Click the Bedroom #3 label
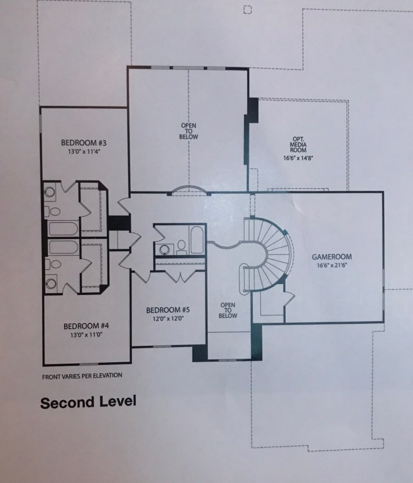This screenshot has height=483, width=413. (x=84, y=143)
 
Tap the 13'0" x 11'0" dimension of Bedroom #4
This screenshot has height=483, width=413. (x=86, y=334)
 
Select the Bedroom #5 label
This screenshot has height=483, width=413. (x=168, y=310)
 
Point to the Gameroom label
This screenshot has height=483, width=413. (x=331, y=257)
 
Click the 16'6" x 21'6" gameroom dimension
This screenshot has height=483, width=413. (x=331, y=265)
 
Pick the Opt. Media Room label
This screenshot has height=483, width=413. (x=298, y=145)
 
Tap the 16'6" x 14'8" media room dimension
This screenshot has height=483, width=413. (x=298, y=158)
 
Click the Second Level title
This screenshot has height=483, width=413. (x=88, y=402)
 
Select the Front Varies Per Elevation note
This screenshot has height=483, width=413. (x=82, y=376)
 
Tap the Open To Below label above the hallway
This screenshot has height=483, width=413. (x=189, y=131)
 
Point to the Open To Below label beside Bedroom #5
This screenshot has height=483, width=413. (x=228, y=310)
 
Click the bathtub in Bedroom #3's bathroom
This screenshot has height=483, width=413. (x=63, y=228)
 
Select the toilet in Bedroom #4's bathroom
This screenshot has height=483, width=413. (x=53, y=264)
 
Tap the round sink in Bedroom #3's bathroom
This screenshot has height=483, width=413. (x=50, y=192)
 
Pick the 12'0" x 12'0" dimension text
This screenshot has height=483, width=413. (x=168, y=319)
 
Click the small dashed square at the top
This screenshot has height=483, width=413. (x=248, y=10)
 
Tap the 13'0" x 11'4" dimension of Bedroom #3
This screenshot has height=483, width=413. (x=84, y=152)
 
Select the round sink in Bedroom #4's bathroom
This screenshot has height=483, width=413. (x=51, y=283)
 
